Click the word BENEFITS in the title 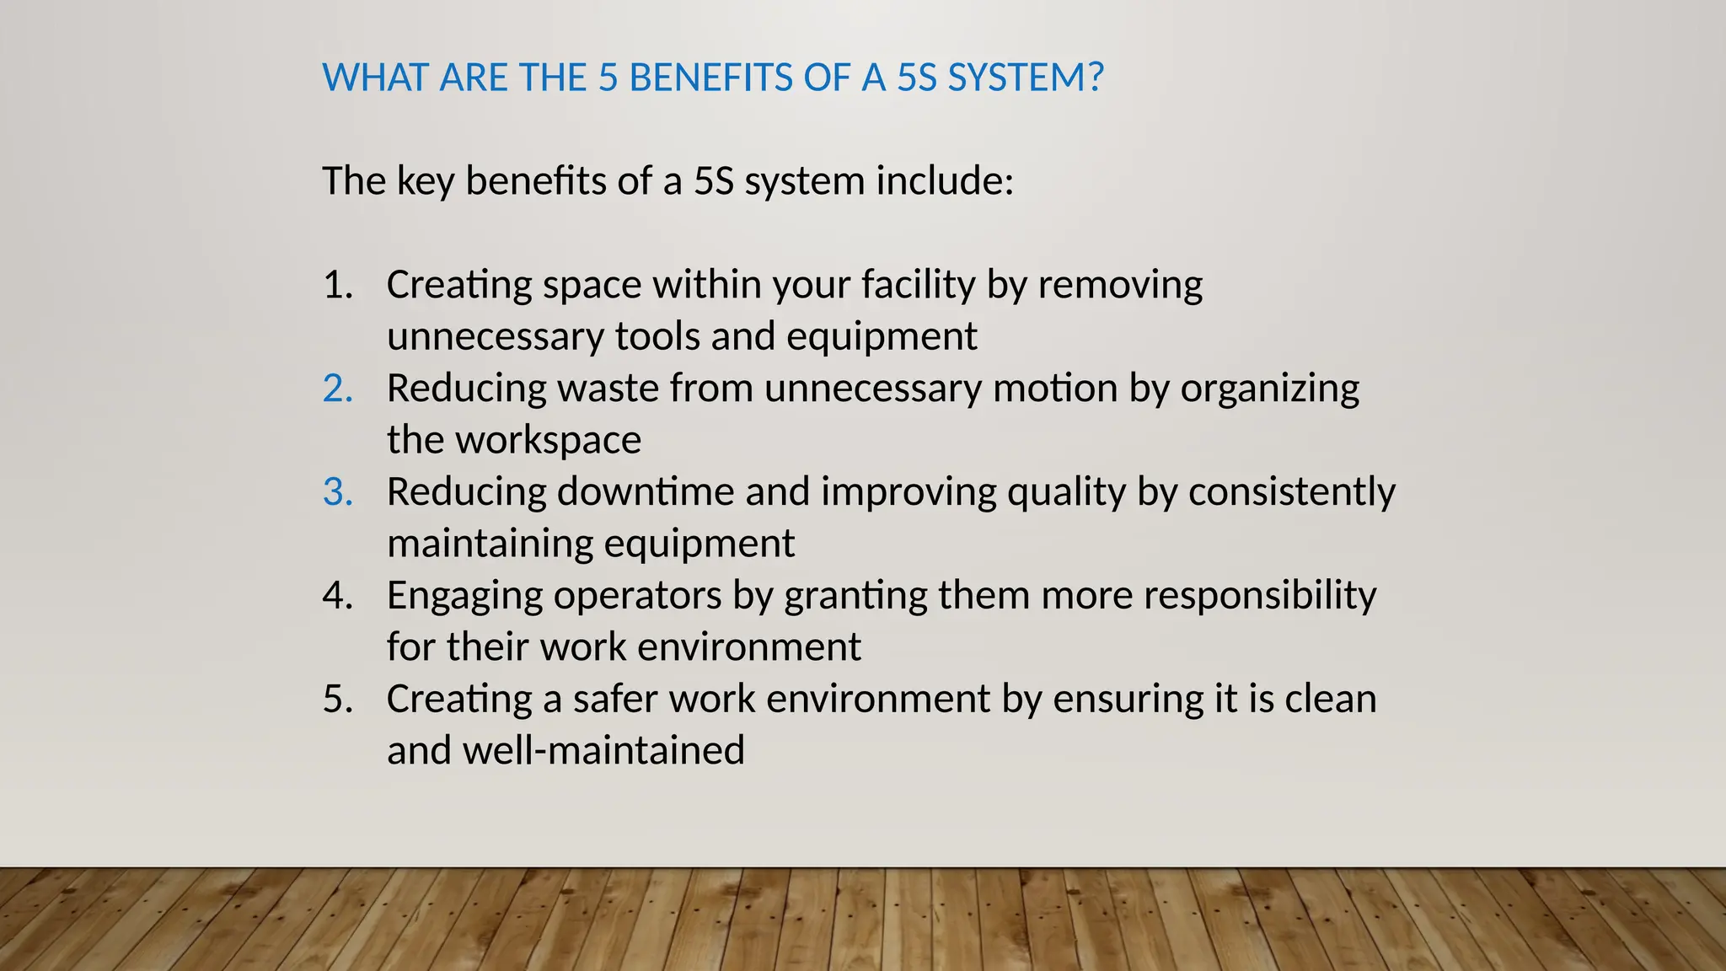710,78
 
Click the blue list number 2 337,389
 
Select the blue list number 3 337,492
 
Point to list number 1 337,285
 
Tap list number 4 337,596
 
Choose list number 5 337,700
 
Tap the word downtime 645,492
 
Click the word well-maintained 603,751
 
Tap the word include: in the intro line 945,181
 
